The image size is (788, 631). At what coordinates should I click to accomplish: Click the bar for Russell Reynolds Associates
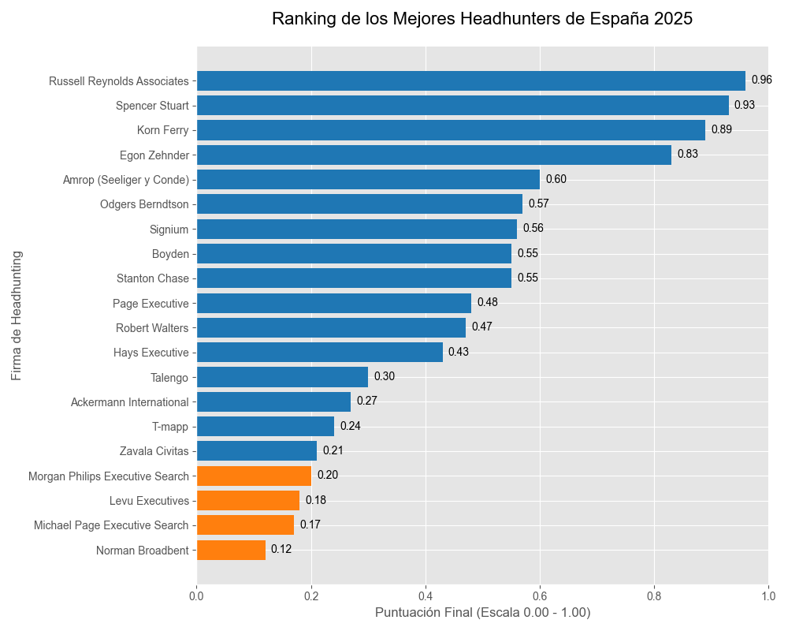point(470,80)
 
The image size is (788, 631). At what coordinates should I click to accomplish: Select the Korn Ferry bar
point(451,130)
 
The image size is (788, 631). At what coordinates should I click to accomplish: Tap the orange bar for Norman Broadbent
point(231,550)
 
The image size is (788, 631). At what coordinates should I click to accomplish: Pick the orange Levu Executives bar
point(248,500)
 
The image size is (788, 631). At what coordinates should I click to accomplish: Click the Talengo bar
point(282,376)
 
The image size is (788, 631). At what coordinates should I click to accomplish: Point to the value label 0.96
point(761,80)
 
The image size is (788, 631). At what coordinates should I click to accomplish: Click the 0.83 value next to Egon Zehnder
point(687,154)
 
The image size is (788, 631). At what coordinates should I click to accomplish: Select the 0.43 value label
point(459,352)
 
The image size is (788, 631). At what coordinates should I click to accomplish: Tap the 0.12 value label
point(281,549)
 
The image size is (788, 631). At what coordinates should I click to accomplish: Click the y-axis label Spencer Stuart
point(152,105)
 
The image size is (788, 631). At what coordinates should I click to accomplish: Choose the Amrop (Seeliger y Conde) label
point(126,180)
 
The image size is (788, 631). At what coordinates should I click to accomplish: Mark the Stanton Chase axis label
point(153,278)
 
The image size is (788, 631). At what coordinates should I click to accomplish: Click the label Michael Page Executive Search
point(111,525)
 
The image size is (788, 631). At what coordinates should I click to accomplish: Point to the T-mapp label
point(170,427)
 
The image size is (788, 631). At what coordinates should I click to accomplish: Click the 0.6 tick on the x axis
point(540,596)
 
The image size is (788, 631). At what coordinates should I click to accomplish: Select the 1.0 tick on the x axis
point(768,596)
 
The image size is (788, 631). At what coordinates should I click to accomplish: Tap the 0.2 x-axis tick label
point(311,596)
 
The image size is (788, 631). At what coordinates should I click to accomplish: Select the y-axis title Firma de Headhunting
point(17,315)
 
